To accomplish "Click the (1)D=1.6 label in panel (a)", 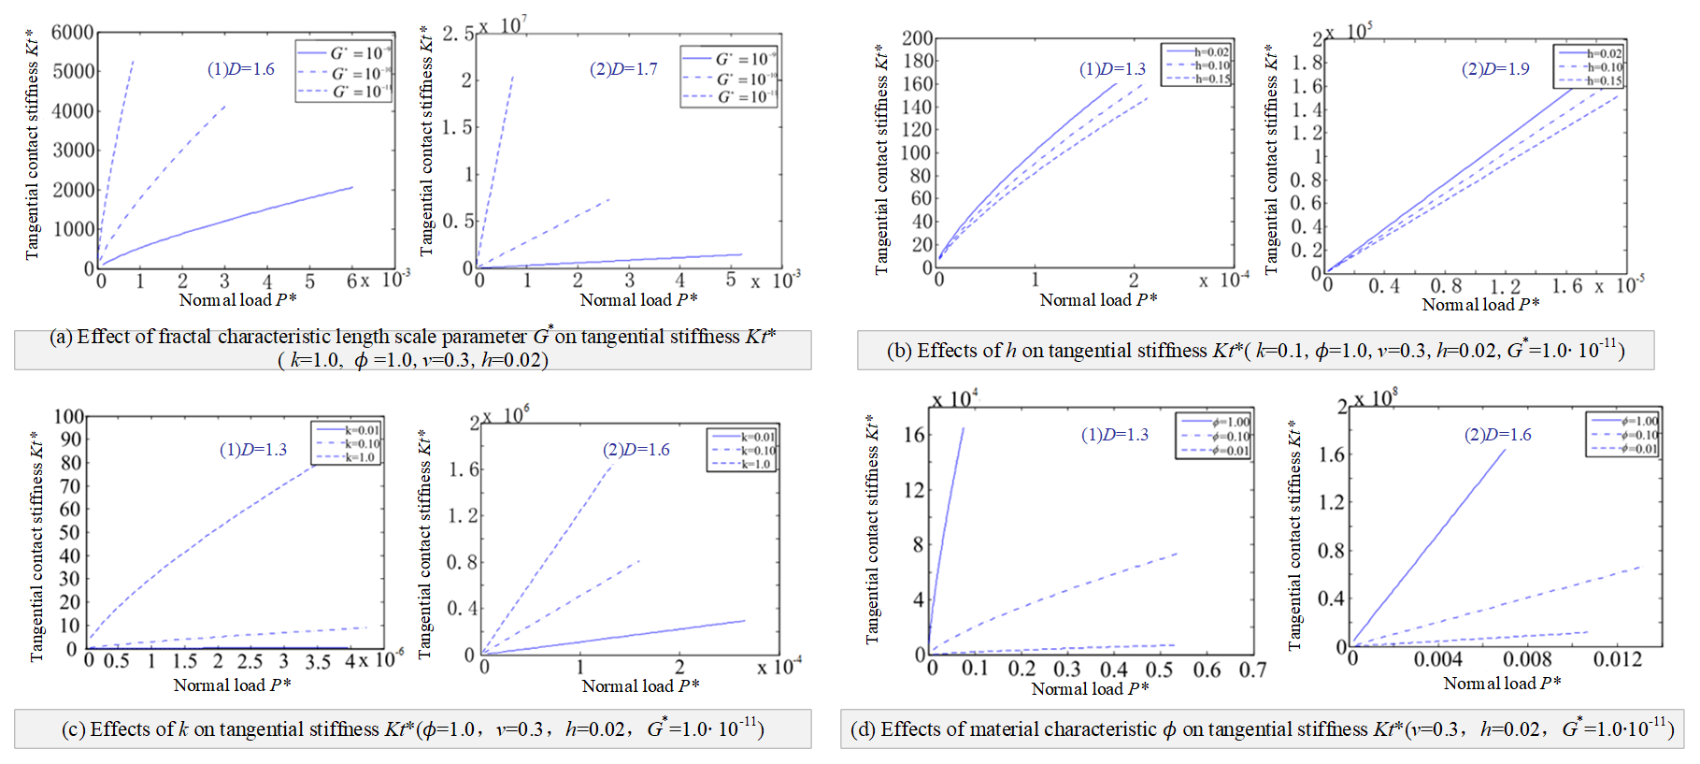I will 241,69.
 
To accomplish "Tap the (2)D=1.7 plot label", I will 623,69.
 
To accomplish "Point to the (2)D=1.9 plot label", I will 1495,69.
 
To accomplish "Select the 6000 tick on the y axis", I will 72,33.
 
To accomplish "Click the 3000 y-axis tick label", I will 72,151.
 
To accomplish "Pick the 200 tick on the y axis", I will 917,38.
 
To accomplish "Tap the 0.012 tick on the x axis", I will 1617,659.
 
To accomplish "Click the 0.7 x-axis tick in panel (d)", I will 1252,670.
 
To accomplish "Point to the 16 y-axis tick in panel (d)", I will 913,435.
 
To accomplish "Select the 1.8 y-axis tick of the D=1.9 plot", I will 1307,63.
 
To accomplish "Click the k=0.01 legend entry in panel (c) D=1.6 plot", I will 743,437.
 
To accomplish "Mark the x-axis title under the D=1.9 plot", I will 1480,305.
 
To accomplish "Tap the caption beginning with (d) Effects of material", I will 1262,729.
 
